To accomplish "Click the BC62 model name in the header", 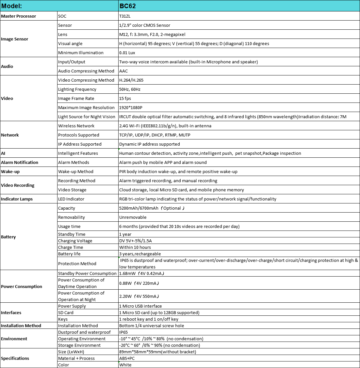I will point(127,6).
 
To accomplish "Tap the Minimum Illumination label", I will point(81,53).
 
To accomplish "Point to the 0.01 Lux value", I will point(127,53).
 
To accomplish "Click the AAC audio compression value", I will point(123,71).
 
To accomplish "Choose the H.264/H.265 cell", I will point(131,80).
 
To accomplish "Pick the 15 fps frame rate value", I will point(125,98).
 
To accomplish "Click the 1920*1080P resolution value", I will point(131,107).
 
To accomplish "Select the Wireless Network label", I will point(76,126).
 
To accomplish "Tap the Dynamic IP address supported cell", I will point(149,144).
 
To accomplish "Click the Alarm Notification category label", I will point(20,162).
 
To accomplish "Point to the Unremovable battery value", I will point(133,217).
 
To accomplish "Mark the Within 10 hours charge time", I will point(135,247).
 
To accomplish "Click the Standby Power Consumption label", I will point(87,273).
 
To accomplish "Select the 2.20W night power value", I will point(125,296).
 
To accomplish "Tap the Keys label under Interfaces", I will point(63,319).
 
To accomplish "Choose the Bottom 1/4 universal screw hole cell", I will point(152,326).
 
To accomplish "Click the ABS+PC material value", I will point(127,358).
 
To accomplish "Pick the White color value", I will point(125,365).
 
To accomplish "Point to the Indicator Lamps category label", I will point(17,199).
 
